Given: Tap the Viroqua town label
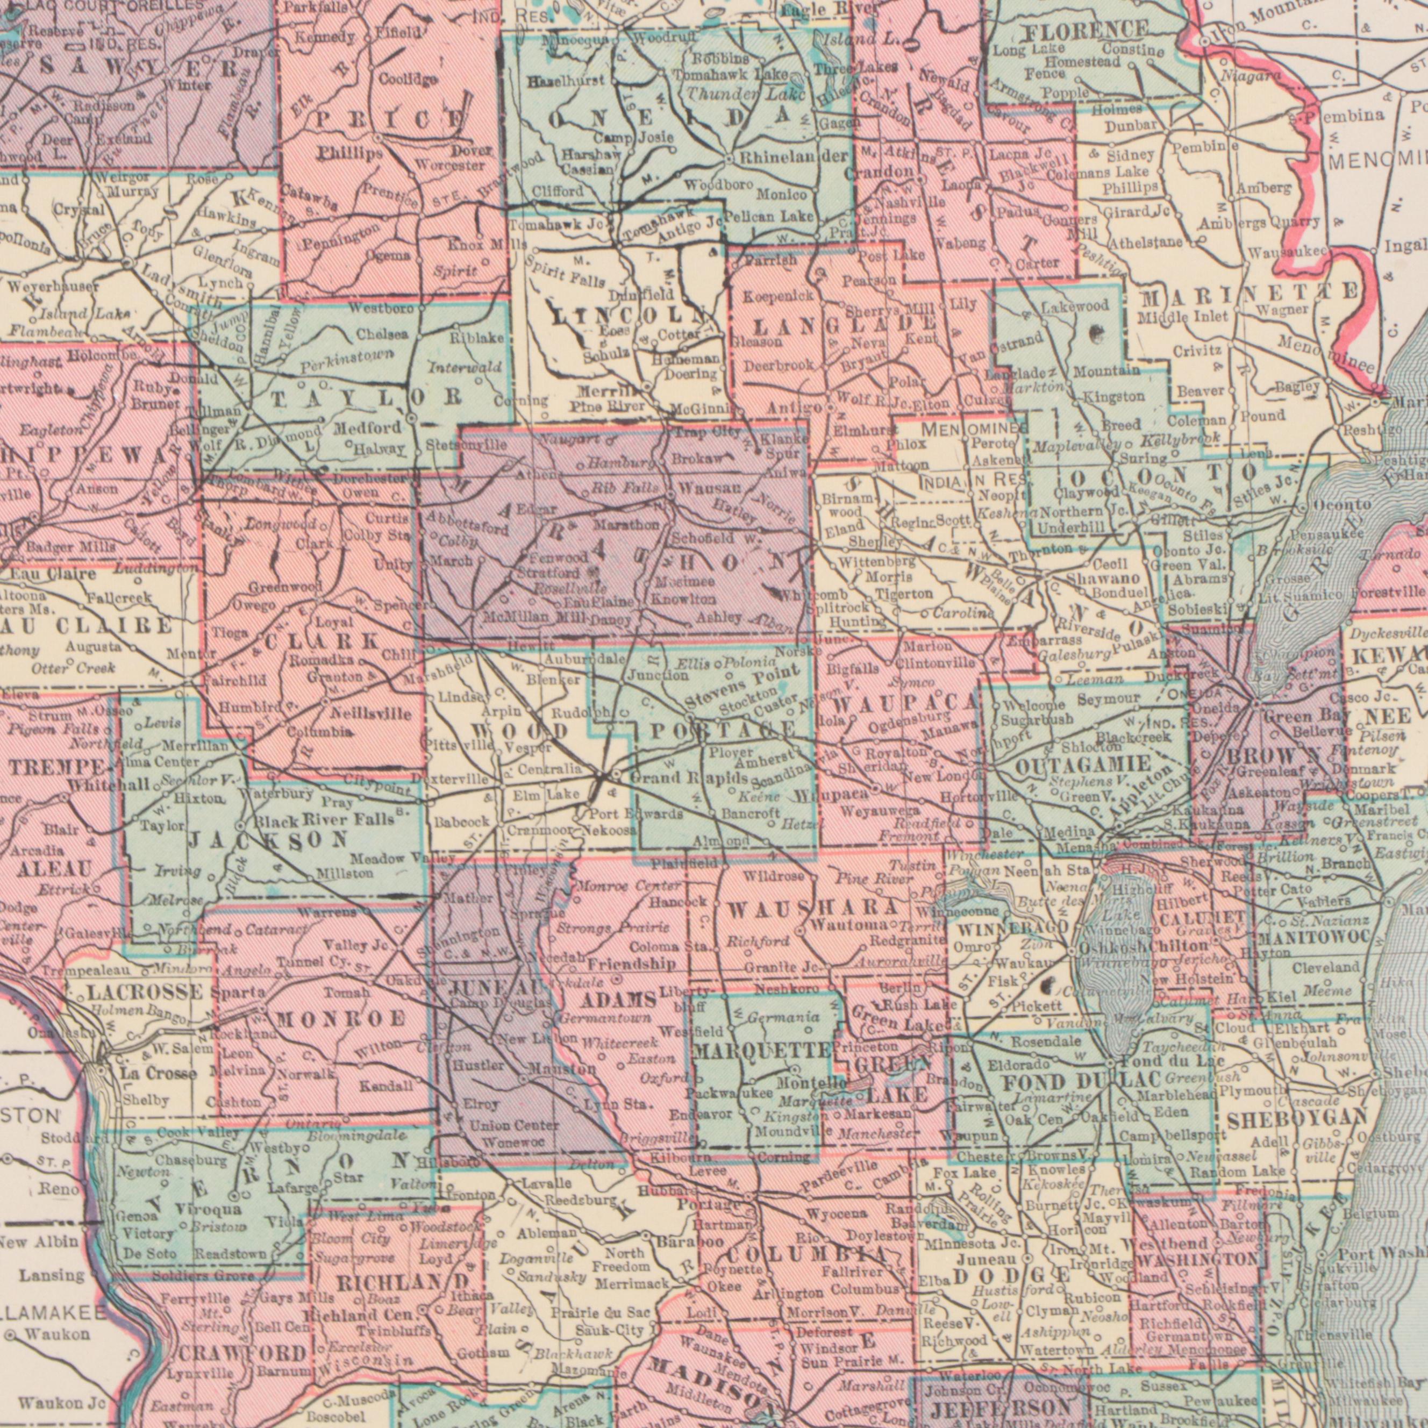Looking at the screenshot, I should click(209, 1210).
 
